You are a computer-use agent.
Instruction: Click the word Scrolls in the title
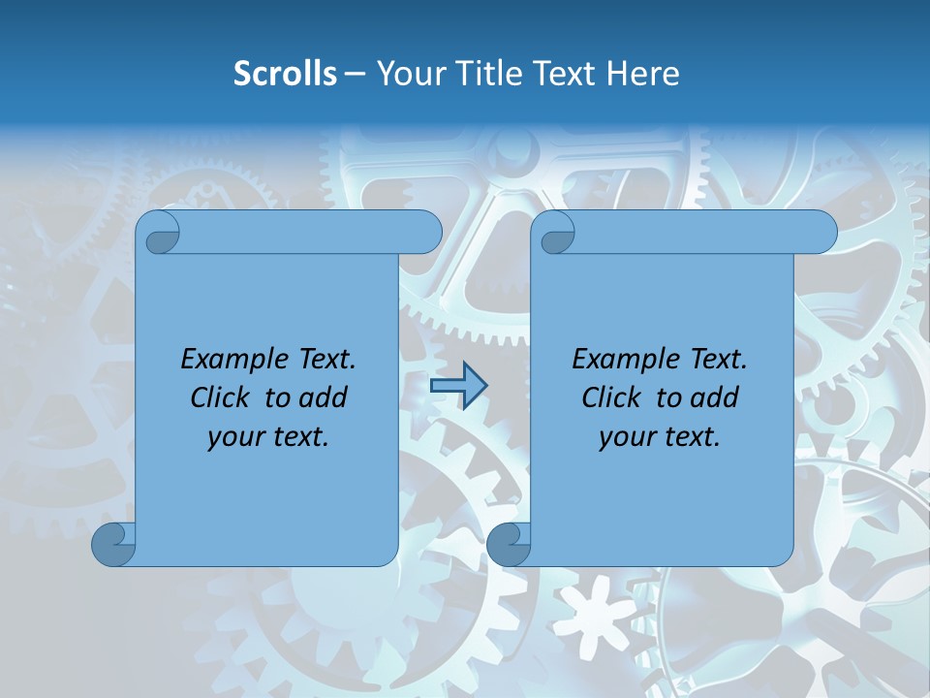click(x=285, y=74)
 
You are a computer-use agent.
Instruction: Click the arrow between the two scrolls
click(x=458, y=386)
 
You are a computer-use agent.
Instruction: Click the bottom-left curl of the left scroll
click(x=111, y=545)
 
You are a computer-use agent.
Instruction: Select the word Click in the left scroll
click(x=219, y=397)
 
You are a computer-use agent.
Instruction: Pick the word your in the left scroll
click(x=235, y=437)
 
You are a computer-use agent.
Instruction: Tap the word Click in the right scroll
click(x=610, y=397)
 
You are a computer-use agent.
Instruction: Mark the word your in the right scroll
click(x=627, y=437)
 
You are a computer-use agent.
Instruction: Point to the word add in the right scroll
click(x=715, y=397)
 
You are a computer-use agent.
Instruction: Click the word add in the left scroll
click(x=324, y=397)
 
